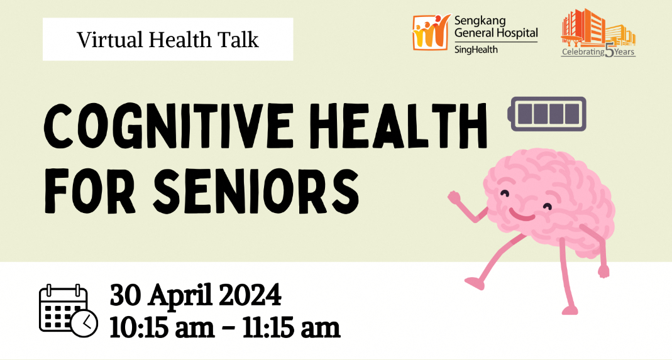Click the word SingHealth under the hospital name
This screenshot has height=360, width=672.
tap(476, 49)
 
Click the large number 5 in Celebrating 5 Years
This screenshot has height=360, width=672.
tap(610, 50)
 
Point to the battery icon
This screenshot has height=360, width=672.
tap(547, 112)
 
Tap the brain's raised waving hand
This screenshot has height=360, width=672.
tap(454, 197)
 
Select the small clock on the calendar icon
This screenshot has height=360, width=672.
tap(84, 323)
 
